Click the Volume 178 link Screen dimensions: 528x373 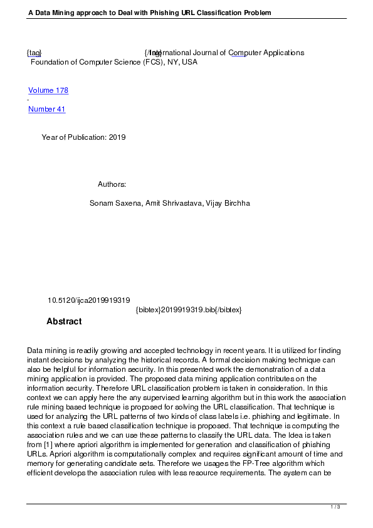coord(48,90)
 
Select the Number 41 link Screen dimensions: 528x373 coord(46,109)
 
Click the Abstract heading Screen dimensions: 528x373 coord(64,322)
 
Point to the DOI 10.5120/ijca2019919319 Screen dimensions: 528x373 coord(88,300)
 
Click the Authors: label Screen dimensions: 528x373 coord(112,184)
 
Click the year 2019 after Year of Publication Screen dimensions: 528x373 coord(117,137)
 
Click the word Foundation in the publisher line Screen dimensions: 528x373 coord(50,62)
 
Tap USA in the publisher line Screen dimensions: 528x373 coord(189,62)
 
